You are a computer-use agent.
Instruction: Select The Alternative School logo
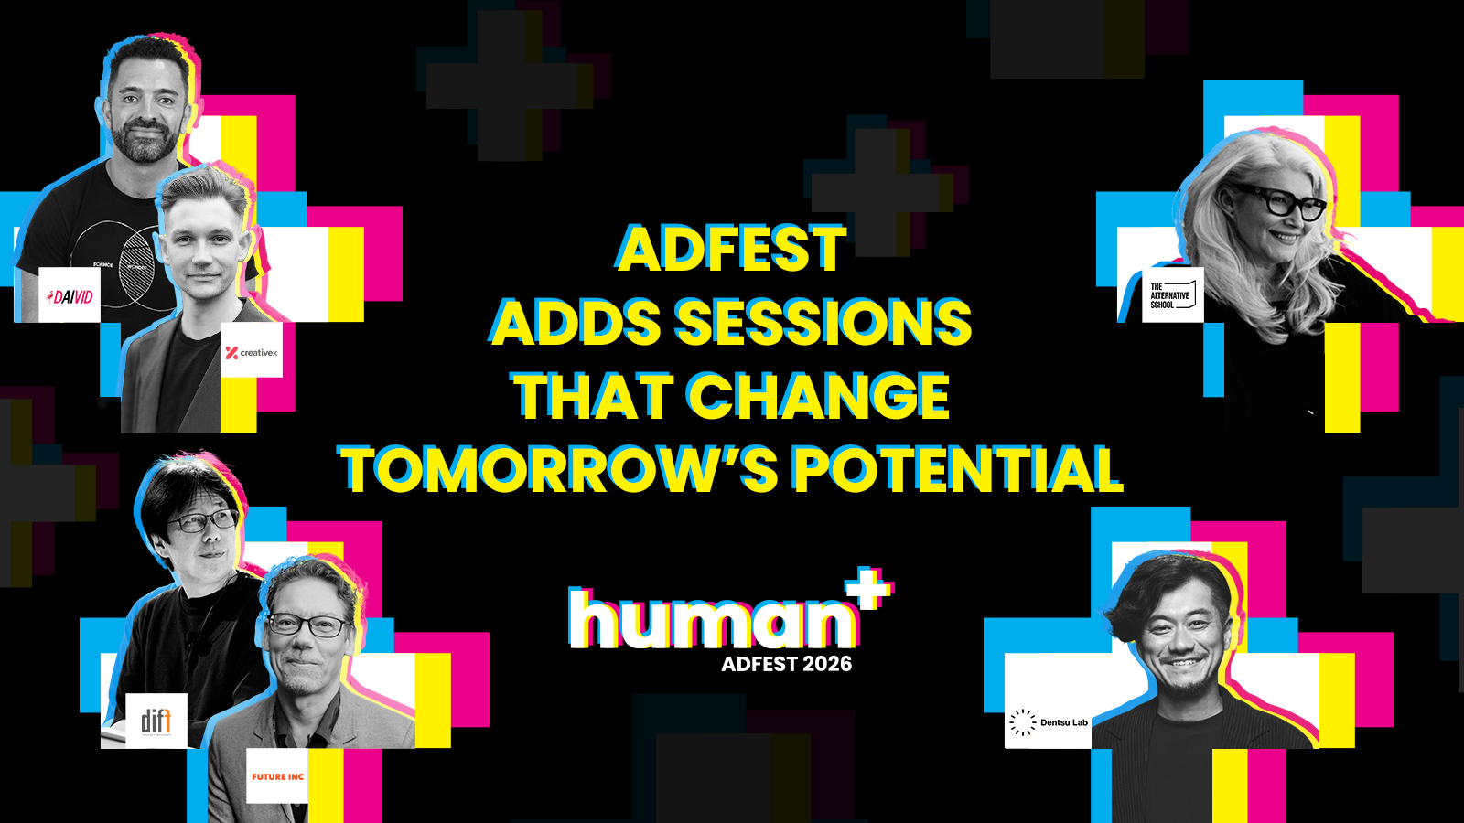click(x=1172, y=294)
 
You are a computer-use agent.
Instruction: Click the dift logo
click(x=156, y=721)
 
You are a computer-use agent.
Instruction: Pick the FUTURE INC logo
click(x=278, y=776)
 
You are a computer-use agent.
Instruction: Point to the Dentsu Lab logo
click(x=1049, y=721)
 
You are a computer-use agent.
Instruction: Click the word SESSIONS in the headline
click(x=823, y=321)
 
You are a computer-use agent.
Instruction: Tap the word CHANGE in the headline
click(x=819, y=396)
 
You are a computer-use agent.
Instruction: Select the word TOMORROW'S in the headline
click(x=558, y=469)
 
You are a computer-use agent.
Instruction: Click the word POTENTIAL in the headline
click(x=957, y=469)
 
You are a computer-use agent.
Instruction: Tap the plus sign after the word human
click(x=869, y=587)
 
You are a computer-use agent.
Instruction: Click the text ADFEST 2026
click(x=787, y=664)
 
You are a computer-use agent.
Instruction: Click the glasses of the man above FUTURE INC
click(x=309, y=625)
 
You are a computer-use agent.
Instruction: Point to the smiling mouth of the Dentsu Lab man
click(x=1184, y=664)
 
